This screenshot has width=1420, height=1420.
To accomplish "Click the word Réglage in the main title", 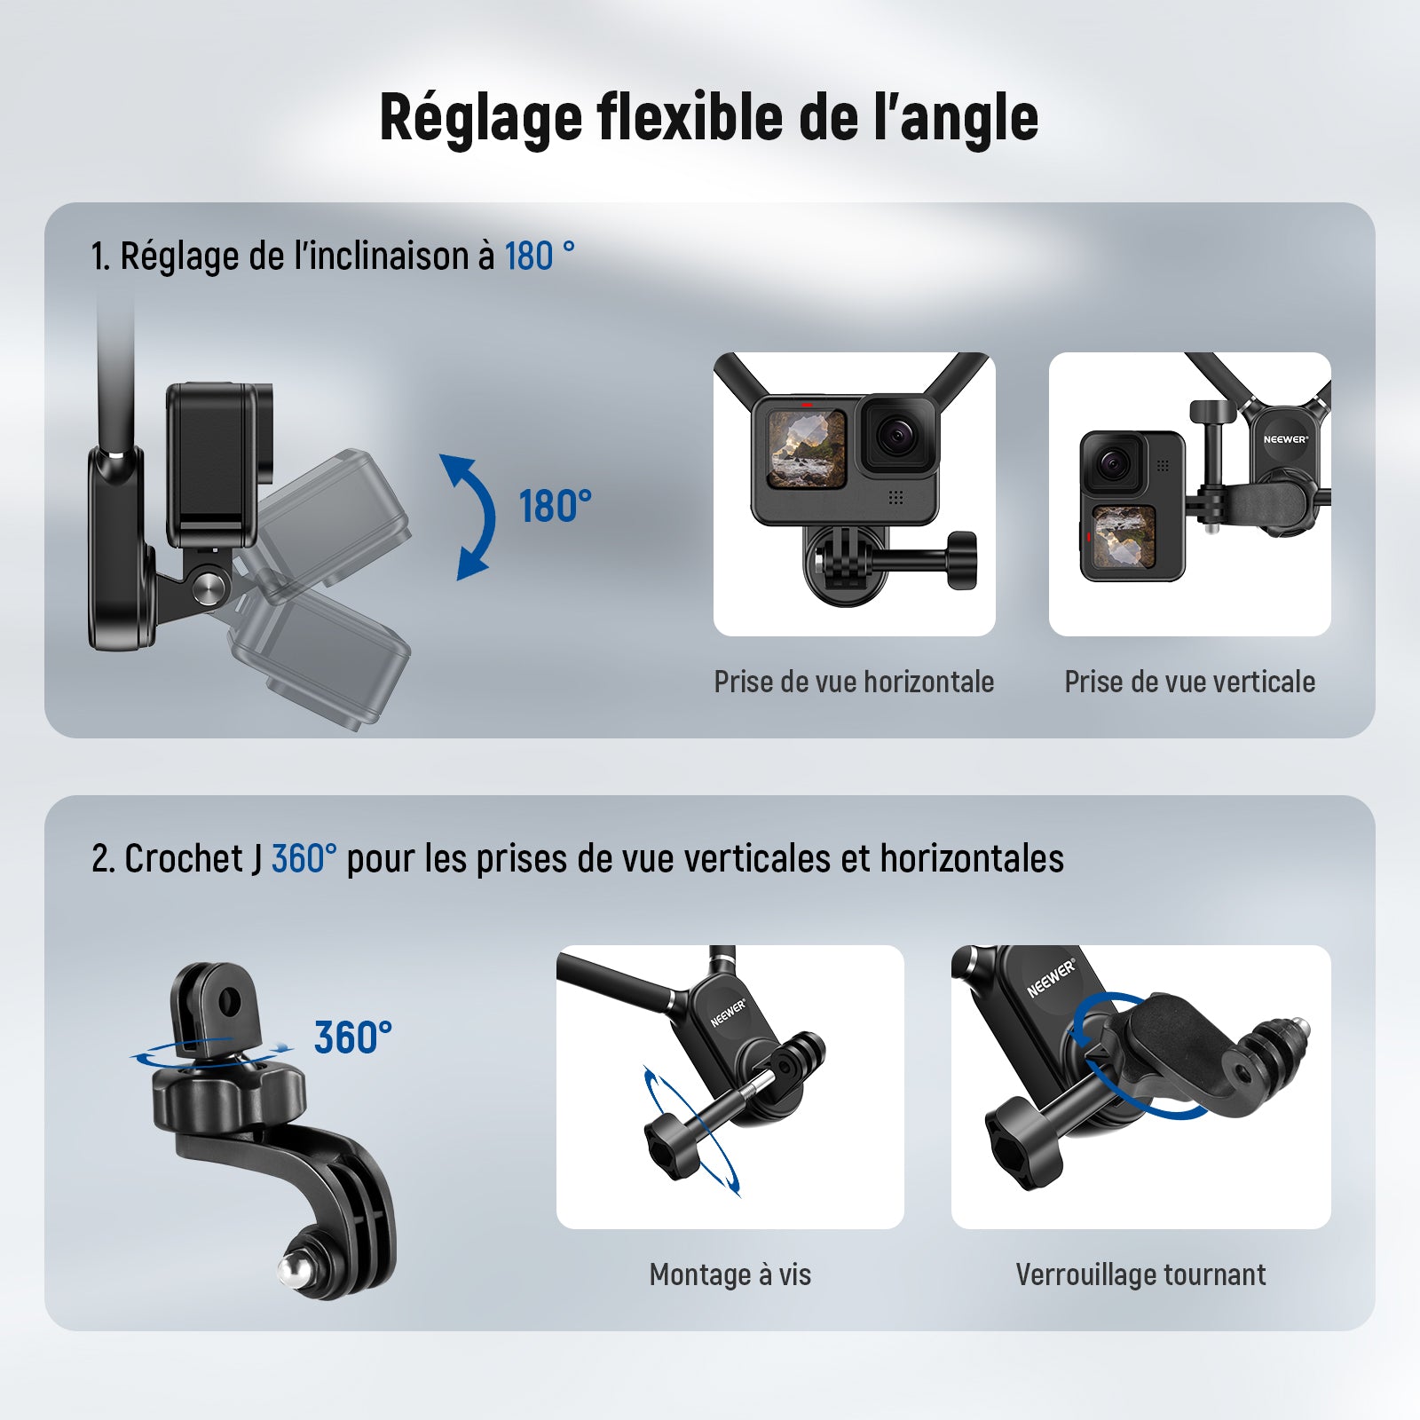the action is [x=480, y=118].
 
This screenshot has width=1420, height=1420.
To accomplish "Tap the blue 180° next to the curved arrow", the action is [x=556, y=507].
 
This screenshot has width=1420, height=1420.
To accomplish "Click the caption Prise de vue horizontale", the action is [x=854, y=682].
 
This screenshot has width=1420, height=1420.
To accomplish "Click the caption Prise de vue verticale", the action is [x=1189, y=682].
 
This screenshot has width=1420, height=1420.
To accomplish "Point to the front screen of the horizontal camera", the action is [x=806, y=449].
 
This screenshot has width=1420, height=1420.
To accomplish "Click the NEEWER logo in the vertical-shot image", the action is [x=1286, y=439].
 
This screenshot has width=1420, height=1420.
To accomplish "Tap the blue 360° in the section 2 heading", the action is [x=304, y=858].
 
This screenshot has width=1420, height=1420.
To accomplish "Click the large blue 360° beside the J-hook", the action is [x=353, y=1037].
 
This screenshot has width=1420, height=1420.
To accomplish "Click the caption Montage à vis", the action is [x=730, y=1274].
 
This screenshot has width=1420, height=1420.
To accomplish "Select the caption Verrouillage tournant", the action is [x=1140, y=1274].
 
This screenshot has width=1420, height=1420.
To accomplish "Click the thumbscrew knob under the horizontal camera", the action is [x=962, y=560].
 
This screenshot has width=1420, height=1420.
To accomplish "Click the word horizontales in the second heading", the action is [x=972, y=858].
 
